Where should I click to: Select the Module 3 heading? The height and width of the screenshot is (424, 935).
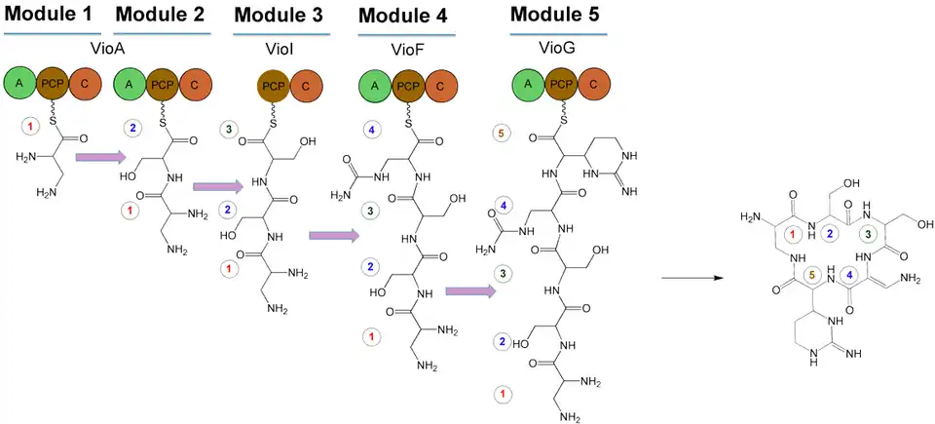click(280, 16)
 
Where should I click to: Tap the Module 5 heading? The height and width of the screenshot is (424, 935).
click(555, 16)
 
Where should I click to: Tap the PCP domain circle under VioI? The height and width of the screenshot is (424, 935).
click(277, 85)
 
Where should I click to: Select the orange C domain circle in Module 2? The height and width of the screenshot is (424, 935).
click(194, 85)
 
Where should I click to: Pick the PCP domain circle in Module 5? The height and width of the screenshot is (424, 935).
click(562, 85)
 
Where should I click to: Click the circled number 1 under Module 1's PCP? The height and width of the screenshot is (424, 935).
click(31, 127)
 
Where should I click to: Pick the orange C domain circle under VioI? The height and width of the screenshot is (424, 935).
click(307, 85)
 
